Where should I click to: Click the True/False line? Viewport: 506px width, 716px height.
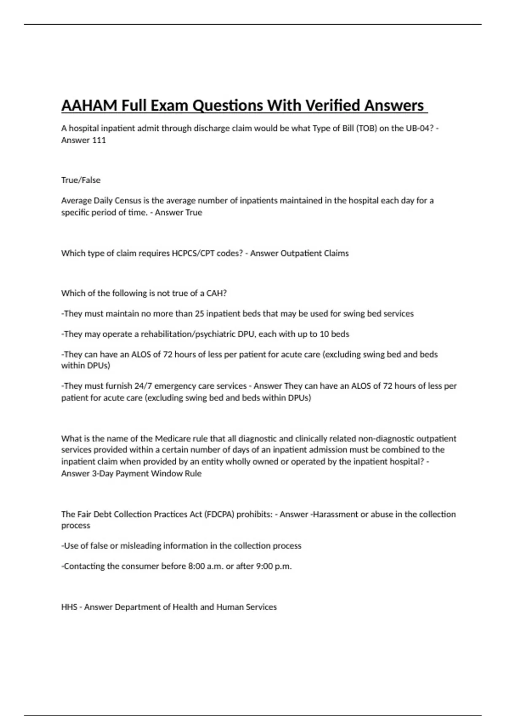(x=81, y=180)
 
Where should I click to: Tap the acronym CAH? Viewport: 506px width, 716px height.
(x=216, y=294)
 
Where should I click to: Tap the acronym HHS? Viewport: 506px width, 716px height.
(x=69, y=607)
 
